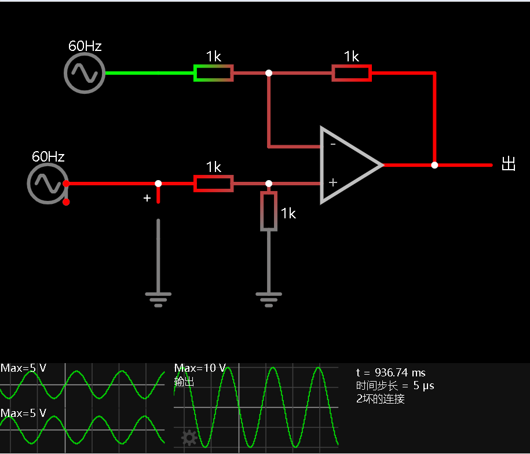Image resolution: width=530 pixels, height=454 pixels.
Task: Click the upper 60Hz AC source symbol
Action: (x=85, y=73)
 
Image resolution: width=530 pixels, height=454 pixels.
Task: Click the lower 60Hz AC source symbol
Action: (x=47, y=184)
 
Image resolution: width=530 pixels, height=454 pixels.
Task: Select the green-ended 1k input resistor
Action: (x=213, y=73)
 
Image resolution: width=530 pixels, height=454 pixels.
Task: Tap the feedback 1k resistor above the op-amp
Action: (x=352, y=73)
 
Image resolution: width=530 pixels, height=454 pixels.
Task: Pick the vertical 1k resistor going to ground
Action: (x=269, y=211)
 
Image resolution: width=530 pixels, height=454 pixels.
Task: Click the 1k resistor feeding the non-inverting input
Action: (x=213, y=184)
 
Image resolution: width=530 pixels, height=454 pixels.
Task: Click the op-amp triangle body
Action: (x=352, y=165)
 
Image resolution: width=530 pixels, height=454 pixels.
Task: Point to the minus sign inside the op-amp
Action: (x=333, y=144)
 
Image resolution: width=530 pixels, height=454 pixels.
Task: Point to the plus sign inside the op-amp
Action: (x=333, y=182)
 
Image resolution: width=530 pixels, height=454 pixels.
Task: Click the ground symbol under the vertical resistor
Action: (x=269, y=299)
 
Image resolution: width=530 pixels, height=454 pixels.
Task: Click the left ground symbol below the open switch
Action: (x=158, y=299)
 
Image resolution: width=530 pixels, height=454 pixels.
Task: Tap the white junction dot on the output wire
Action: (x=434, y=165)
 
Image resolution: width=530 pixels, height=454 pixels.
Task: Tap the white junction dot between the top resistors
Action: (x=269, y=73)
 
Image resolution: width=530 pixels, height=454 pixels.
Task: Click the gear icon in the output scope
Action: (x=189, y=438)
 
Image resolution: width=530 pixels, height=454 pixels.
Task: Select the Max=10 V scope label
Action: (x=200, y=368)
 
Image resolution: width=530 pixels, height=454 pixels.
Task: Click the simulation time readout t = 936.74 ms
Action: (x=391, y=372)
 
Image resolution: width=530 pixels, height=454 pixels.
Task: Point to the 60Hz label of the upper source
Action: (x=85, y=46)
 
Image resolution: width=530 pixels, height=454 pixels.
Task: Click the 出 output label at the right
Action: (x=509, y=164)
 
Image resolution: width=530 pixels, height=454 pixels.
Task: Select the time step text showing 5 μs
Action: (x=395, y=386)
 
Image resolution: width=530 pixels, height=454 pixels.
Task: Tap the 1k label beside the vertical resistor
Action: (x=288, y=214)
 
